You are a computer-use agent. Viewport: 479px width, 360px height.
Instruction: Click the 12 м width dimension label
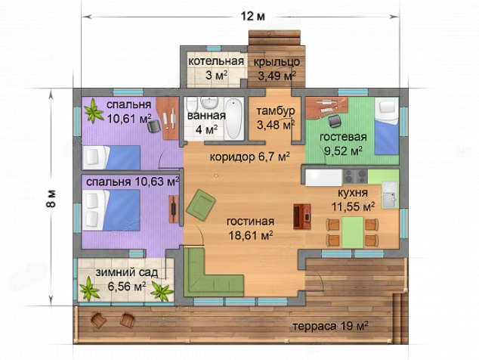(x=253, y=16)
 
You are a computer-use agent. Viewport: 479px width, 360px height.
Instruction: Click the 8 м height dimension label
(x=51, y=198)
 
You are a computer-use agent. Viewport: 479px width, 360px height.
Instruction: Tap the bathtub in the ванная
(x=234, y=119)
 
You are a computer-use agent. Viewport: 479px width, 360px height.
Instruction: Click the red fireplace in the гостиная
(x=302, y=216)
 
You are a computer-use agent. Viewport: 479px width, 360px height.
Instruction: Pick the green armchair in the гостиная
(x=200, y=203)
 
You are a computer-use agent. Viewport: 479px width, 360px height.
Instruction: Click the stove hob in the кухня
(x=355, y=176)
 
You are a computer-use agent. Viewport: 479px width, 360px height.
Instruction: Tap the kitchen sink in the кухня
(x=390, y=195)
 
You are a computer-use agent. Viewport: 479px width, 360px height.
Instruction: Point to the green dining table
(x=353, y=232)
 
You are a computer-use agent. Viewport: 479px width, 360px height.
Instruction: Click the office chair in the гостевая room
(x=335, y=121)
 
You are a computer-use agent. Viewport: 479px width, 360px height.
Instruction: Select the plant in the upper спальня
(x=94, y=111)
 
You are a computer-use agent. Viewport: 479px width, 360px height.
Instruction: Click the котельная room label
(x=216, y=61)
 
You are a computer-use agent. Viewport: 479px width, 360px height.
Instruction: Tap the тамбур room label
(x=276, y=110)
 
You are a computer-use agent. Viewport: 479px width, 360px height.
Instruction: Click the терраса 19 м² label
(x=330, y=326)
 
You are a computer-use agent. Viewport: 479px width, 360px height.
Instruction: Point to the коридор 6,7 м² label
(x=250, y=157)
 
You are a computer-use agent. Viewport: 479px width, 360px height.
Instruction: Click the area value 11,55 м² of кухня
(x=354, y=207)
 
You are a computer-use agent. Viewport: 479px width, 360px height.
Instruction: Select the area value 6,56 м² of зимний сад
(x=127, y=287)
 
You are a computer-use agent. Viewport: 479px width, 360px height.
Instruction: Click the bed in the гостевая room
(x=387, y=126)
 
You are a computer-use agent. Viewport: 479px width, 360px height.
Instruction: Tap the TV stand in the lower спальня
(x=174, y=209)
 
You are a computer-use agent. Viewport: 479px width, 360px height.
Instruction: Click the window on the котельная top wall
(x=214, y=48)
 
